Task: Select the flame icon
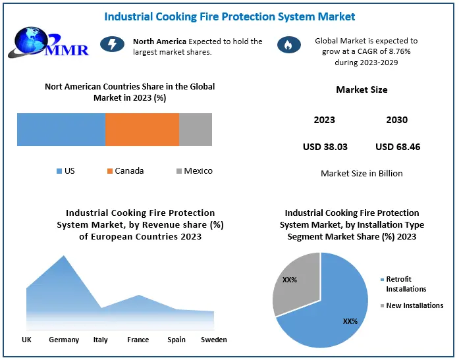pyautogui.click(x=288, y=44)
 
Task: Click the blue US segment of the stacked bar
pyautogui.click(x=61, y=129)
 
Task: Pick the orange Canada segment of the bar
pyautogui.click(x=142, y=129)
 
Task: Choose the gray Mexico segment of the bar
pyautogui.click(x=196, y=129)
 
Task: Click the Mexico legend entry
pyautogui.click(x=194, y=171)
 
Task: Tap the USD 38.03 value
pyautogui.click(x=325, y=147)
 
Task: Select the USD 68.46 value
pyautogui.click(x=398, y=147)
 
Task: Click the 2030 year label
pyautogui.click(x=396, y=120)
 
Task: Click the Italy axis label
pyautogui.click(x=101, y=340)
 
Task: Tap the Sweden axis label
pyautogui.click(x=213, y=340)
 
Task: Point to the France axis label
pyautogui.click(x=138, y=340)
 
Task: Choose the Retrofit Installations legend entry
pyautogui.click(x=406, y=284)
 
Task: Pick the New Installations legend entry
pyautogui.click(x=414, y=305)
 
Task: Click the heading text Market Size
pyautogui.click(x=362, y=90)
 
